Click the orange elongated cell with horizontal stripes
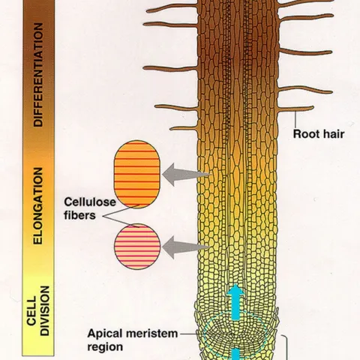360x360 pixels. pyautogui.click(x=137, y=178)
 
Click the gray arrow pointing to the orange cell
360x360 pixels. pyautogui.click(x=186, y=175)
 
